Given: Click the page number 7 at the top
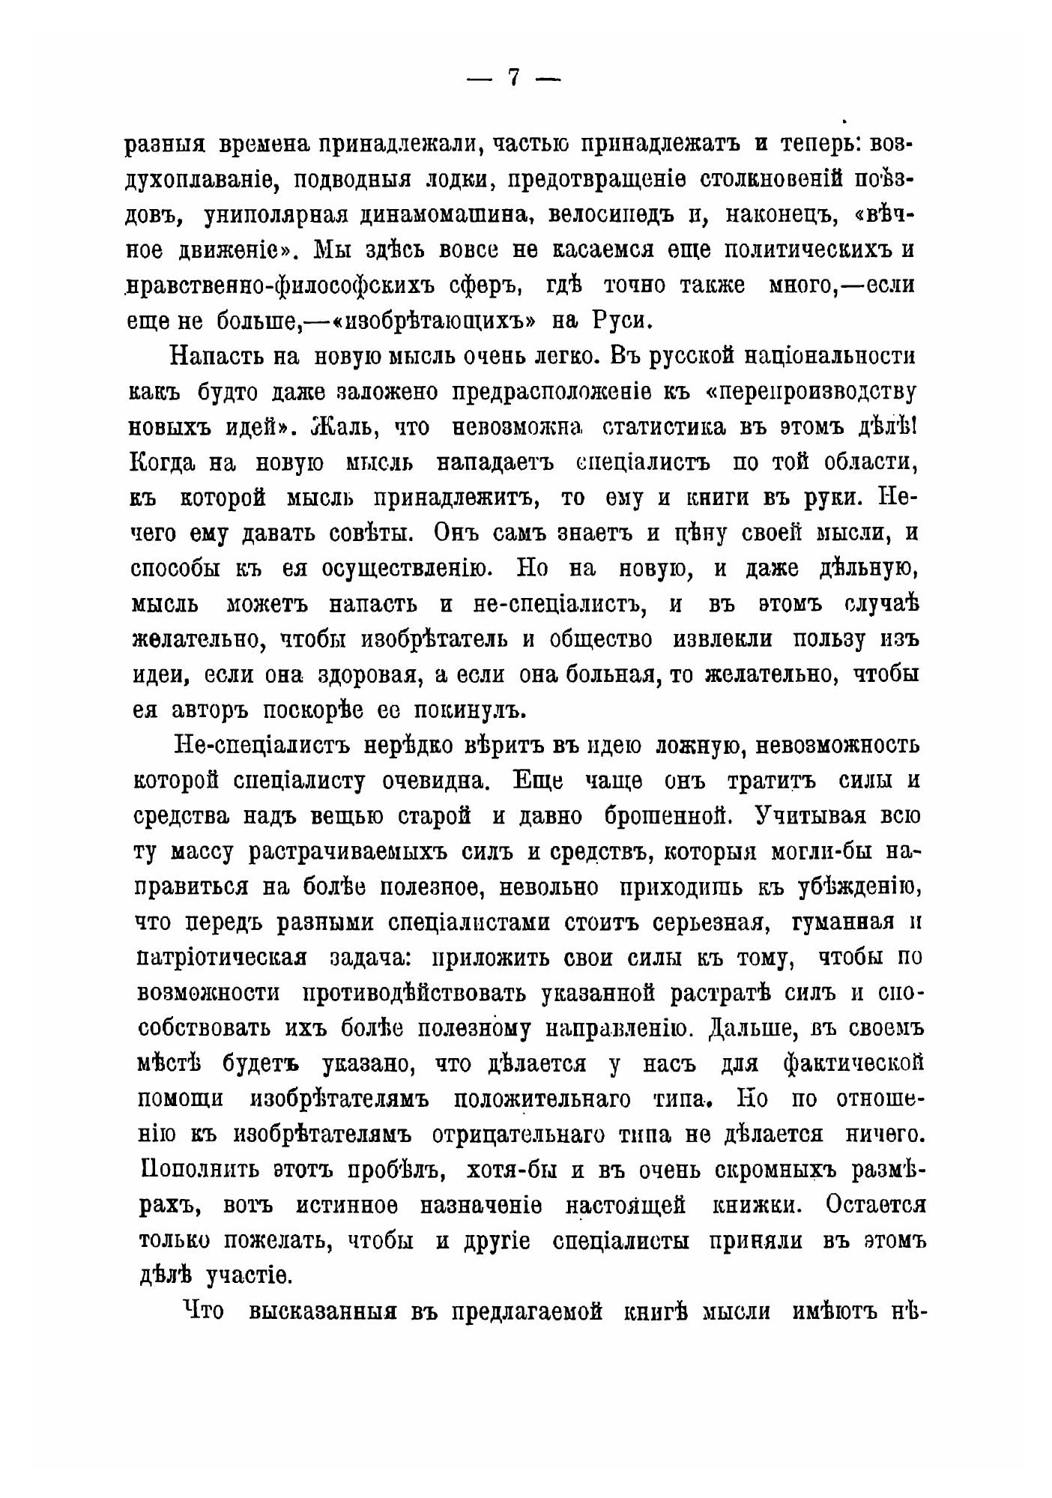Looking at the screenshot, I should [514, 78].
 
